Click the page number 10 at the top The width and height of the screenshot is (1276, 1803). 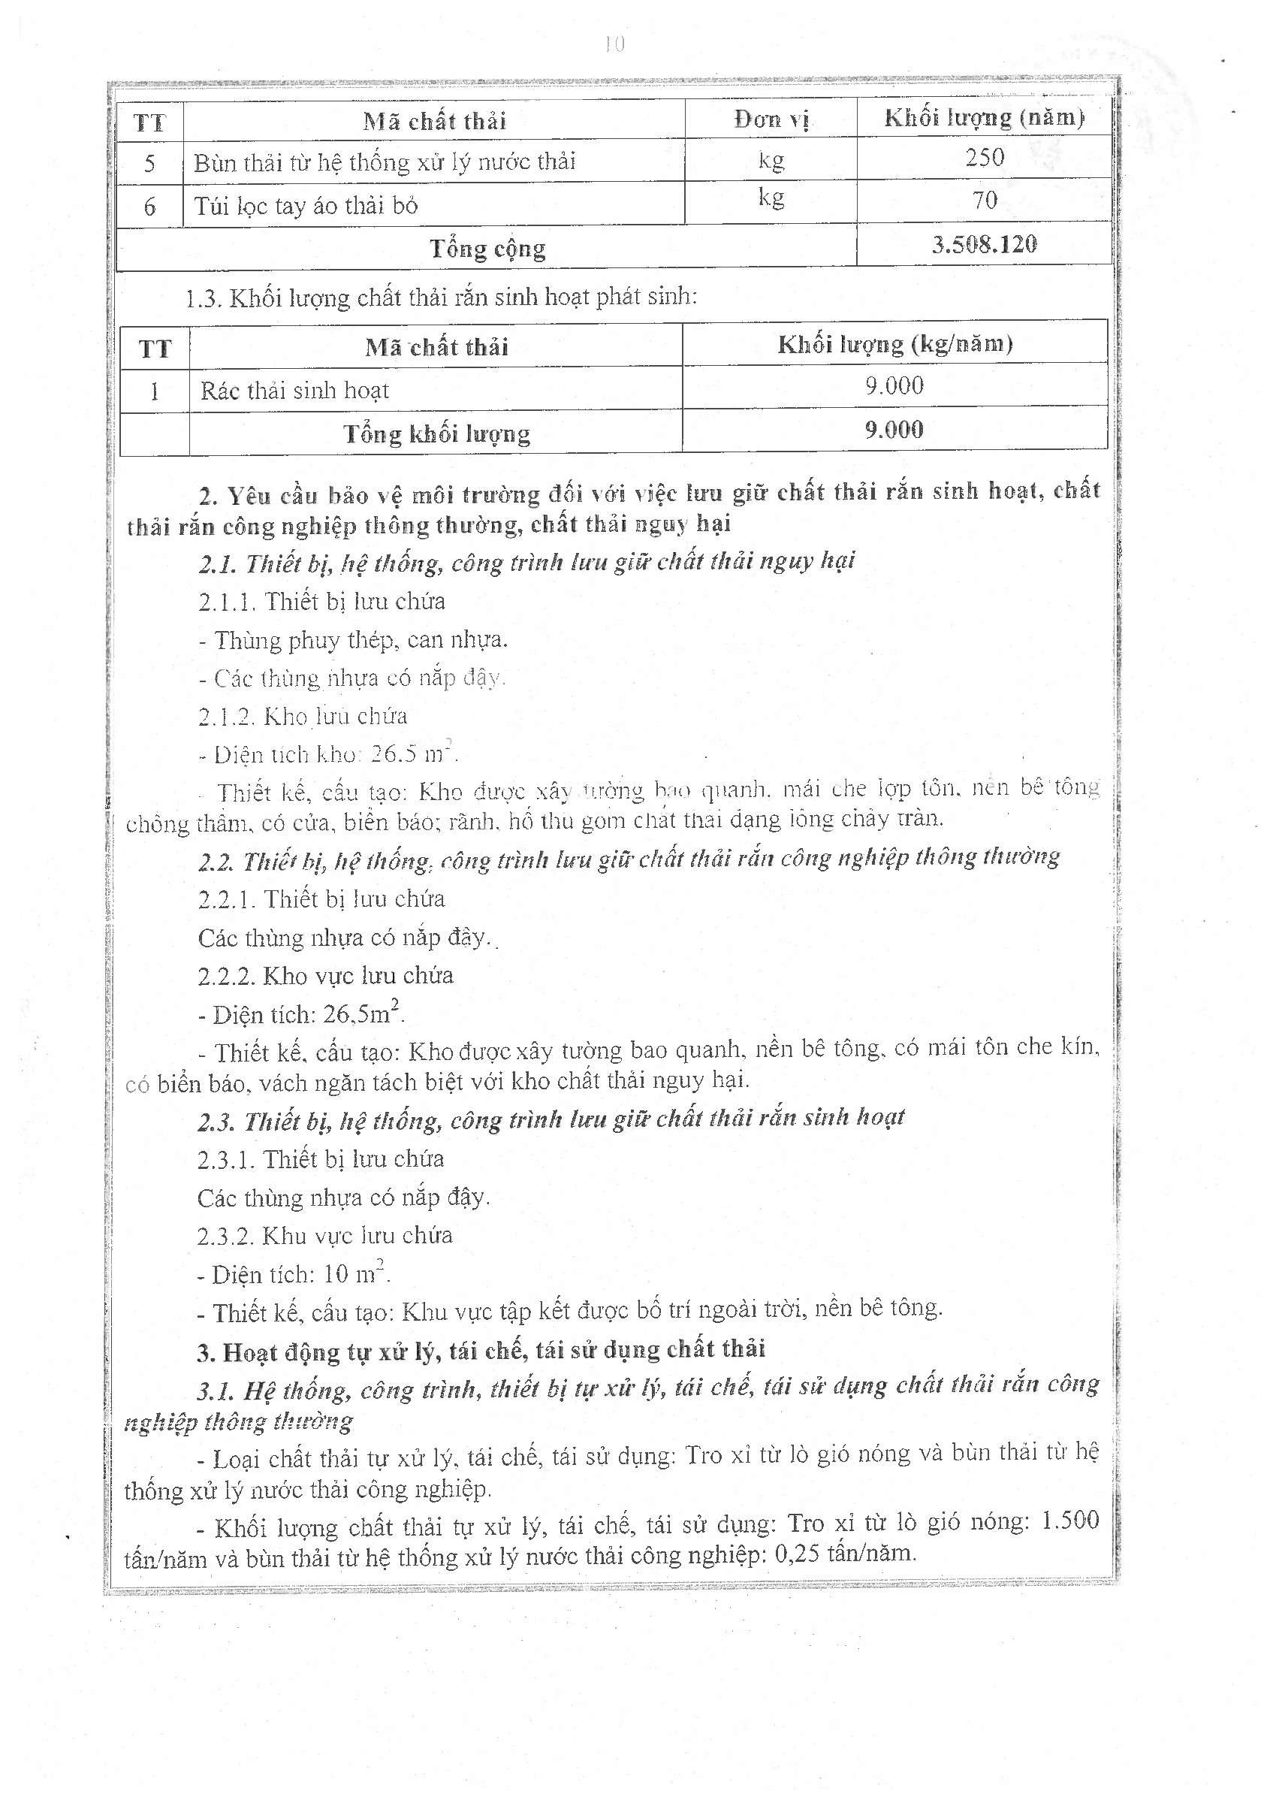pos(614,45)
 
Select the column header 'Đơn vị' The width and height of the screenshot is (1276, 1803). pos(771,119)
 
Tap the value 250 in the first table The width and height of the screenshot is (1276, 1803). pos(985,157)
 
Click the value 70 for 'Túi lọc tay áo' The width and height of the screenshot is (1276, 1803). pos(985,201)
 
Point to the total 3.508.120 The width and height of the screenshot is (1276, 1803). pos(984,244)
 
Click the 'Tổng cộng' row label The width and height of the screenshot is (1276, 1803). pos(487,249)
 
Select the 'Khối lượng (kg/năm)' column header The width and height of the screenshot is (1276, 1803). pos(895,344)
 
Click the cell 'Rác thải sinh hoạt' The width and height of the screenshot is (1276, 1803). pos(294,391)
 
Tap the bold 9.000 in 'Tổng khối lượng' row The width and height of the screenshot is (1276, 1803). pos(894,429)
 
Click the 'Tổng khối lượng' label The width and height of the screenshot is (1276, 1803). pos(436,434)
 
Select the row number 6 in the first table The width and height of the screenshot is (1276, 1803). pos(149,207)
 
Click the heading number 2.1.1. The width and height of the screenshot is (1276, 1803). pos(227,602)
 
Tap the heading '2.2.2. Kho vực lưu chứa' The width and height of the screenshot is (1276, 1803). pos(325,976)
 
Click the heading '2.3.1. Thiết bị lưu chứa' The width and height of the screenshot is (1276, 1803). pos(321,1159)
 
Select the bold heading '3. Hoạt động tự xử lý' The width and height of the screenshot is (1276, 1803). pos(481,1350)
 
